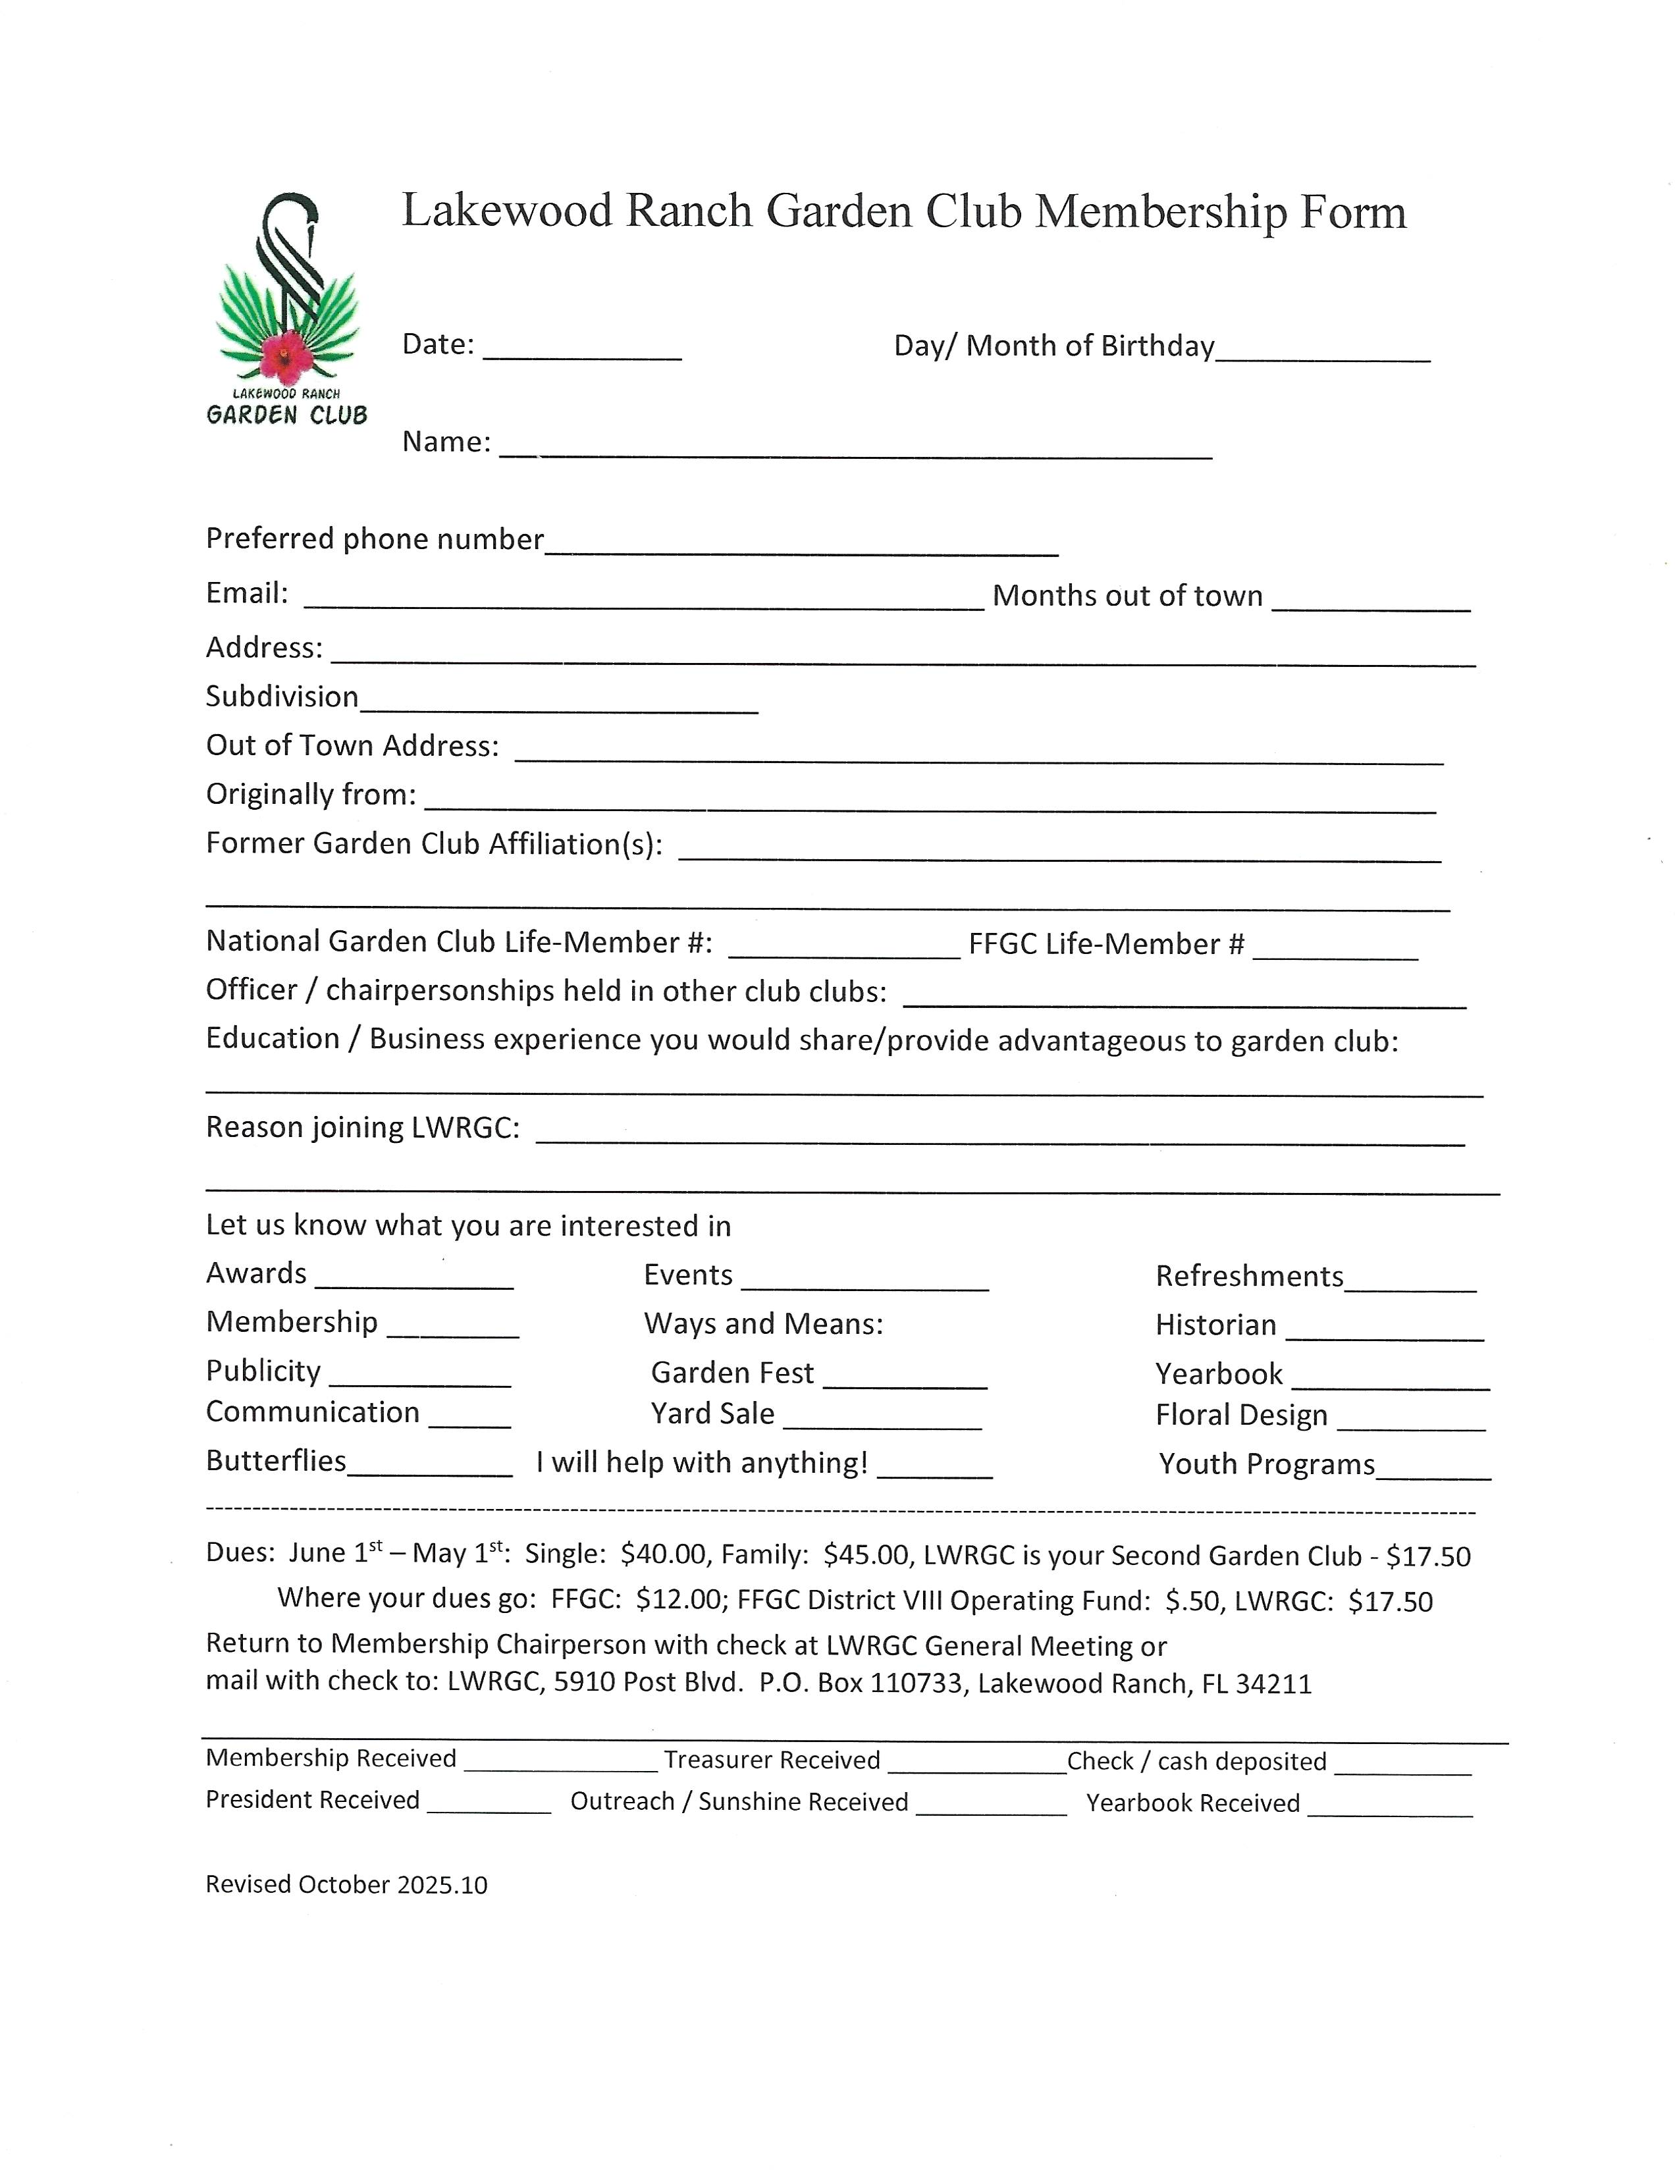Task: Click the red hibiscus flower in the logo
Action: coord(286,355)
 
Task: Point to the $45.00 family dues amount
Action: coord(865,1556)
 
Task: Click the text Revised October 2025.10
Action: coord(346,1885)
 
